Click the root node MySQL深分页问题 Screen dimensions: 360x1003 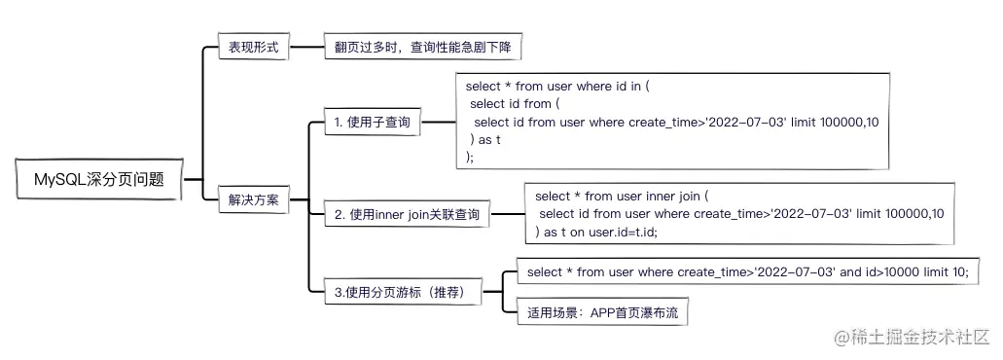[x=98, y=179]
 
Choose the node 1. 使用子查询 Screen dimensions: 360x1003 [x=371, y=123]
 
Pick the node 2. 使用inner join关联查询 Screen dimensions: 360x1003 [x=407, y=214]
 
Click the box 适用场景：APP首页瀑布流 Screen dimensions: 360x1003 [x=602, y=312]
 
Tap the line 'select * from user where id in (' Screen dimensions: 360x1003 [x=556, y=87]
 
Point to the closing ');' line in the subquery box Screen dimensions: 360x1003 [x=470, y=157]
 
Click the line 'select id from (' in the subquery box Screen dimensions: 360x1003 [x=515, y=104]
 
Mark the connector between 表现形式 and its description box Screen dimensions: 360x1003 [x=309, y=47]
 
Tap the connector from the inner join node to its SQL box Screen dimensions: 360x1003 [x=507, y=214]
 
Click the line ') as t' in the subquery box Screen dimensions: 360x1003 [x=485, y=139]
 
